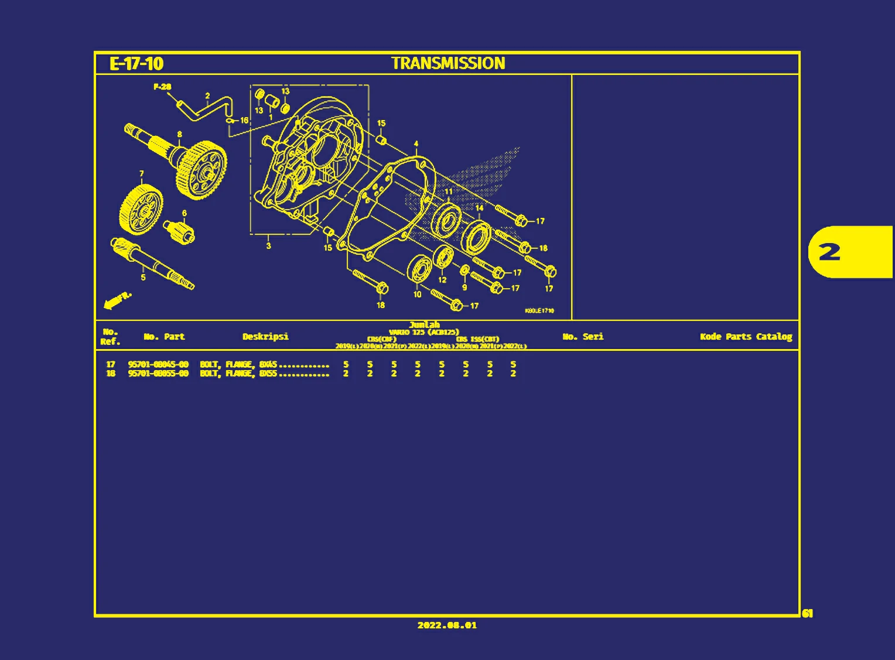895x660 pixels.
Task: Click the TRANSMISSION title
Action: (x=448, y=63)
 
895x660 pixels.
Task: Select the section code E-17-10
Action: (x=136, y=63)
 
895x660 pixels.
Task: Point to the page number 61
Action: (x=807, y=613)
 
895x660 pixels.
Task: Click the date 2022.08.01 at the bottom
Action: (x=447, y=625)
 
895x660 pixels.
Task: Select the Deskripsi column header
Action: (x=265, y=336)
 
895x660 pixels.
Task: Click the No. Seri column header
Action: (x=583, y=336)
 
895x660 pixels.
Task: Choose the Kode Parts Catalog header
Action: (x=746, y=336)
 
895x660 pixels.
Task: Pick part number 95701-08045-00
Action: (x=158, y=364)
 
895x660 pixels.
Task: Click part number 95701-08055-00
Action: (x=158, y=374)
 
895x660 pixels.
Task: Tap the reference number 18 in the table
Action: (x=111, y=374)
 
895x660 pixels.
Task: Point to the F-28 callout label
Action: (x=162, y=87)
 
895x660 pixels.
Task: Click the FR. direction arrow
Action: (x=116, y=300)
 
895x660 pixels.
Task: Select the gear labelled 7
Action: (x=141, y=208)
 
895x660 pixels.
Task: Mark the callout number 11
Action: (x=449, y=191)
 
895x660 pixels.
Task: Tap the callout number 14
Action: (x=479, y=208)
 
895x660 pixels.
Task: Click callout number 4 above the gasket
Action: (x=416, y=143)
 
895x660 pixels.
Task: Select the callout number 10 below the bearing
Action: (x=417, y=294)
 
